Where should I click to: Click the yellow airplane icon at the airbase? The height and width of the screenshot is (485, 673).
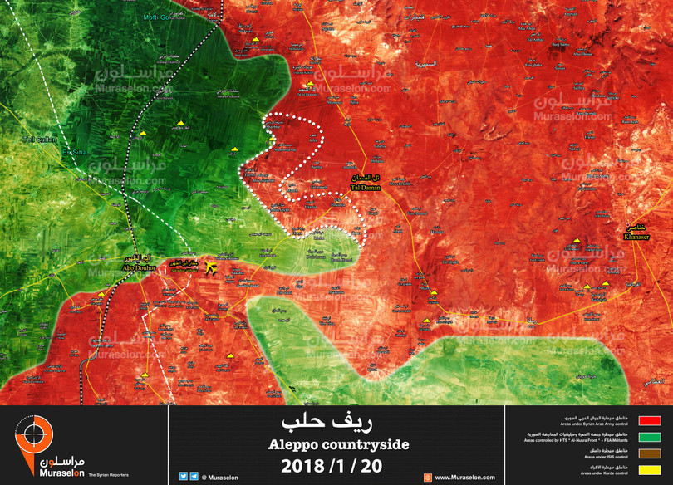[x=209, y=268]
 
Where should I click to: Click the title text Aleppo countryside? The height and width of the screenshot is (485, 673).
[x=338, y=445]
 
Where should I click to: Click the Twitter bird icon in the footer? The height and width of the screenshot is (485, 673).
[x=183, y=477]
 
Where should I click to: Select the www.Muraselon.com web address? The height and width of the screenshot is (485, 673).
[x=464, y=478]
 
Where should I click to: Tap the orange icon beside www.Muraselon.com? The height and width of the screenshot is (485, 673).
[x=427, y=477]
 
